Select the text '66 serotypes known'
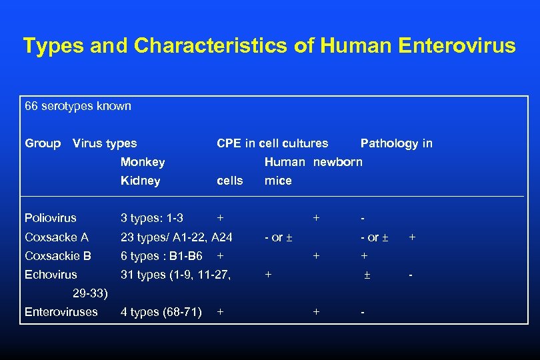(78, 106)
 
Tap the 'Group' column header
(43, 143)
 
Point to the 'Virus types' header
(105, 143)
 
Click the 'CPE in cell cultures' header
(272, 143)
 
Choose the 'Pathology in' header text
(396, 143)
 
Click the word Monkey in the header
(143, 162)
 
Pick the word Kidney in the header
(140, 181)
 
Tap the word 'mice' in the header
(278, 181)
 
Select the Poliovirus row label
(51, 218)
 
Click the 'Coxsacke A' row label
(57, 237)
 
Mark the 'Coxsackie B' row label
(58, 256)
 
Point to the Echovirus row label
(51, 275)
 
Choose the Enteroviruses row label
(61, 312)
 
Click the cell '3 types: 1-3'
(152, 218)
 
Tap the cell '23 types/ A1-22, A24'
(176, 237)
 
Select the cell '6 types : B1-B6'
(161, 256)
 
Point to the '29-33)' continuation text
(90, 293)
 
